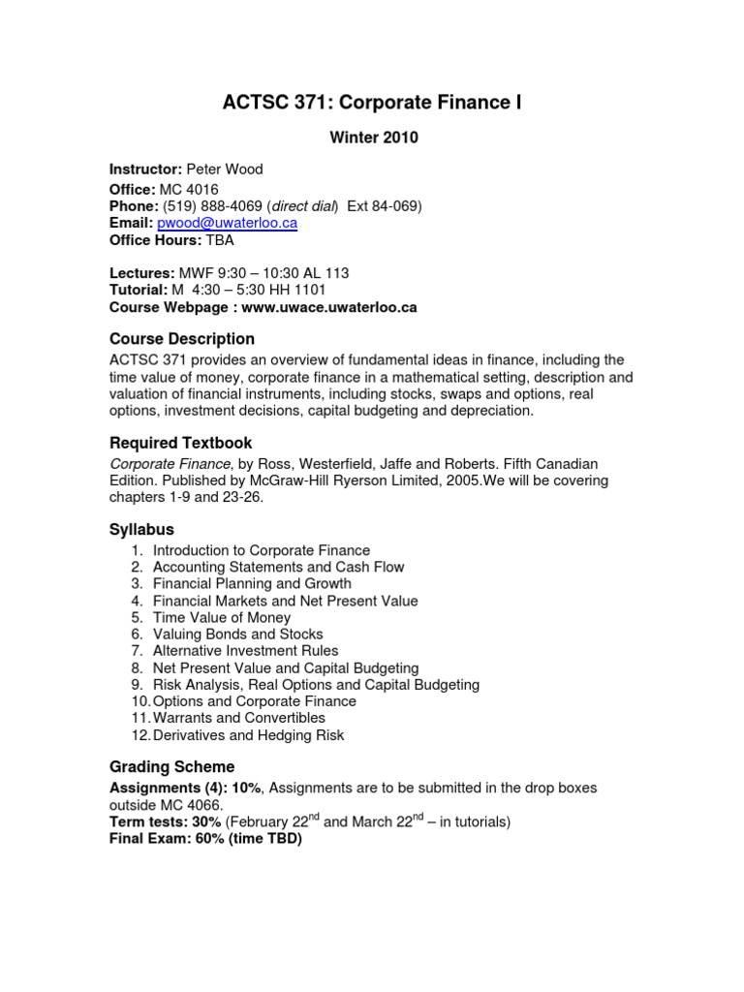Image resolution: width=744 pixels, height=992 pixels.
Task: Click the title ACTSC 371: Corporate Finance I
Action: point(373,103)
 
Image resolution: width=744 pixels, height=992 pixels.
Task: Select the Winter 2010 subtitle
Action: point(373,138)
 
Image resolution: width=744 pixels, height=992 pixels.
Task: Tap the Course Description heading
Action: point(182,339)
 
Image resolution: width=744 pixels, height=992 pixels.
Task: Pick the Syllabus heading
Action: point(141,529)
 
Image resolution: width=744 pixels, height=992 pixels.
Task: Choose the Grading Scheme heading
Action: point(172,767)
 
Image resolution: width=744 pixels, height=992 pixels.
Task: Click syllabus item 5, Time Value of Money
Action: point(221,617)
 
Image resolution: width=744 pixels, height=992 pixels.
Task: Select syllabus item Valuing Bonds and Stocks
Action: point(238,635)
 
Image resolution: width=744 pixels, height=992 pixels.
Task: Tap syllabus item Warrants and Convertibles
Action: point(239,718)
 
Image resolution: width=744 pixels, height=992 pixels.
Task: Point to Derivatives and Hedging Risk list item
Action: point(248,735)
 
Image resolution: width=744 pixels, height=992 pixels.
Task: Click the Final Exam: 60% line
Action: point(205,839)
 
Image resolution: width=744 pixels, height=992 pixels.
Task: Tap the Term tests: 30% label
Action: point(166,822)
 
